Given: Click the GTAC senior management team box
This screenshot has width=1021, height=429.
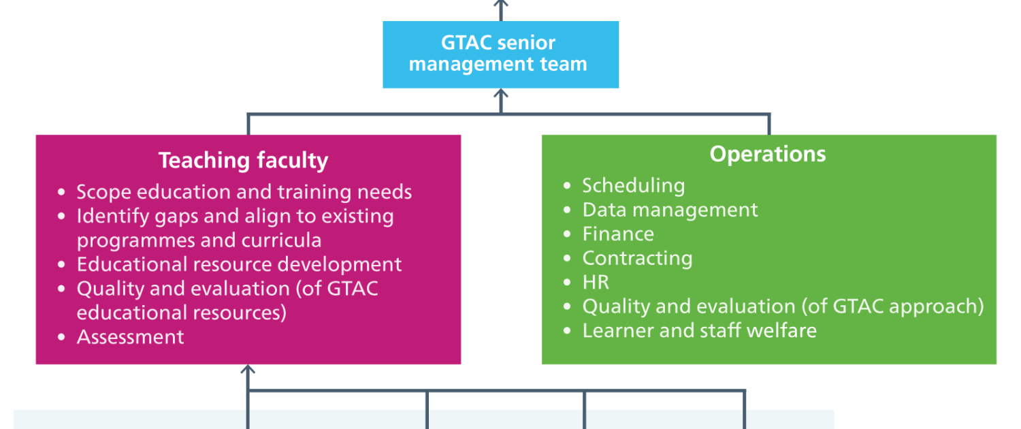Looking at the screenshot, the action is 500,54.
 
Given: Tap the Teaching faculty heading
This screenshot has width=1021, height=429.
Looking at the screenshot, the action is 243,161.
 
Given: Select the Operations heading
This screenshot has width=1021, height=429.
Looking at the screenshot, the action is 768,154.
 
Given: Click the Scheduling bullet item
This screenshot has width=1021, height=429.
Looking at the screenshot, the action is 634,186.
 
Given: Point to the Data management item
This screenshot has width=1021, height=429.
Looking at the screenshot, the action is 670,210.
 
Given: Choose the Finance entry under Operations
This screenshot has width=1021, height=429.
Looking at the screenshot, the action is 618,234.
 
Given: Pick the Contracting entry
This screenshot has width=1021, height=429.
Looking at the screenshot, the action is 637,259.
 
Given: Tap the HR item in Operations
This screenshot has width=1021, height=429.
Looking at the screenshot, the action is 596,282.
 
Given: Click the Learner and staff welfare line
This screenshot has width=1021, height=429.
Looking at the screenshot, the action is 699,330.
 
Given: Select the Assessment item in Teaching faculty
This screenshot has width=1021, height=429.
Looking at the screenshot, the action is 131,337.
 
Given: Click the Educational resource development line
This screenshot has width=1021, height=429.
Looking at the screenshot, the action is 239,264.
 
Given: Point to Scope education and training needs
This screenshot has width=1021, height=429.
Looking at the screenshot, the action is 244,192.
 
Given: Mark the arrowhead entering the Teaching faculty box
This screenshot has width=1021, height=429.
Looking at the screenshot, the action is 248,369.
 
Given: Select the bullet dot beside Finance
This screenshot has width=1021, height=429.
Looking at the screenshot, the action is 567,234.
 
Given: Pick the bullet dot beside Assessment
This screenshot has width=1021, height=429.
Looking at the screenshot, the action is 61,337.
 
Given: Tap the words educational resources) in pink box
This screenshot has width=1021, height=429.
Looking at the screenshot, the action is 182,313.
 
